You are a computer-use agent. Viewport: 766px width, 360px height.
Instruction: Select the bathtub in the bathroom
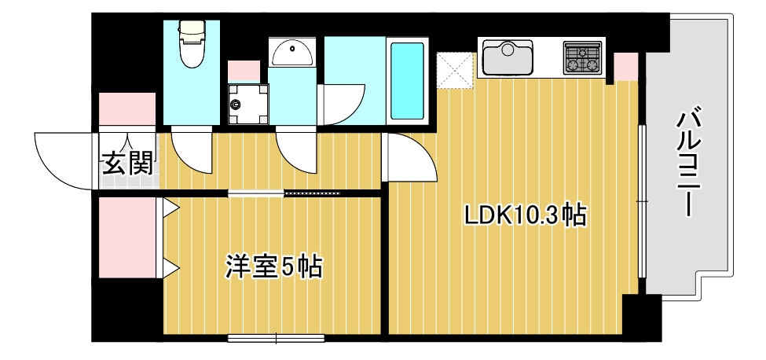[408, 81]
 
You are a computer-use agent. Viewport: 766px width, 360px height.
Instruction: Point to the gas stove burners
[582, 57]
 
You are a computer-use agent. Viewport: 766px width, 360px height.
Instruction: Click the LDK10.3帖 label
[525, 215]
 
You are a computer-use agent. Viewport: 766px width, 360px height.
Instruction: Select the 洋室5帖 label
[274, 266]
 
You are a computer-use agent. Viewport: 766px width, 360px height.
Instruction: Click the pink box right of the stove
[626, 67]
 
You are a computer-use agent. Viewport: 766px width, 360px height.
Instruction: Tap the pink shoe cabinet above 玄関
[128, 109]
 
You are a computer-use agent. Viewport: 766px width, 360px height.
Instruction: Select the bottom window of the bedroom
[276, 339]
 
